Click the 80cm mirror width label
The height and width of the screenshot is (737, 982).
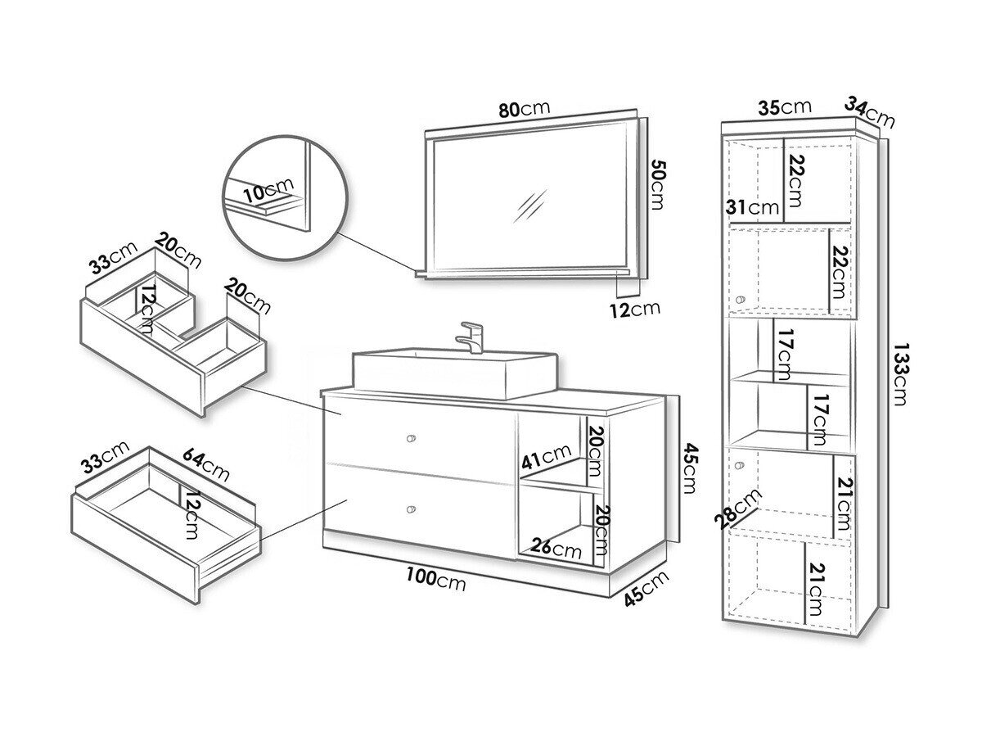click(x=524, y=109)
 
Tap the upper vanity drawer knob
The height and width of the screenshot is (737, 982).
click(x=411, y=439)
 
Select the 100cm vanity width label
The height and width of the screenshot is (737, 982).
click(x=435, y=580)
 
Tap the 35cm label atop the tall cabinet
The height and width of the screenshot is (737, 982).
click(x=784, y=107)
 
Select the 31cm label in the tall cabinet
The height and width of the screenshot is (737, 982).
click(x=753, y=207)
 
